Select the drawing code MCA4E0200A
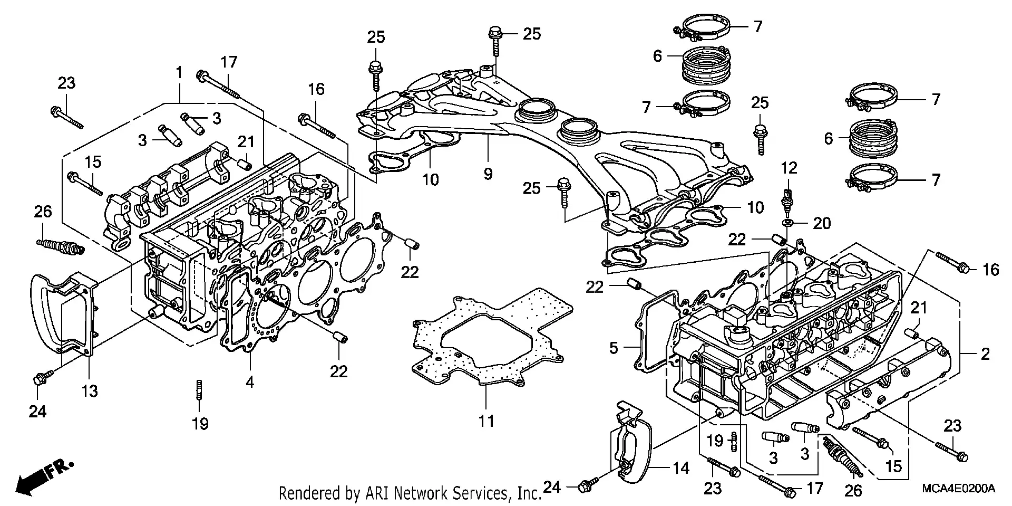[958, 489]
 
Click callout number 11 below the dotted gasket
[486, 421]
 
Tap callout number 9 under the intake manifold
[488, 174]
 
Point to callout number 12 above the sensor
[789, 168]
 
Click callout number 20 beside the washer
[821, 224]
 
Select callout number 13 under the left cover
[90, 391]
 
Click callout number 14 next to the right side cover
[682, 467]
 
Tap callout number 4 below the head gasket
[250, 382]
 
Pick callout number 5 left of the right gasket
[614, 348]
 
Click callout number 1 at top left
[179, 72]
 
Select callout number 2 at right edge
[985, 354]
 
